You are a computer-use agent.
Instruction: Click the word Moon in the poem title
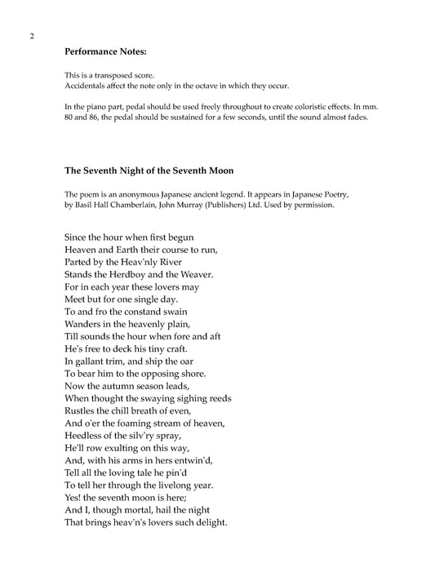point(216,171)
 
